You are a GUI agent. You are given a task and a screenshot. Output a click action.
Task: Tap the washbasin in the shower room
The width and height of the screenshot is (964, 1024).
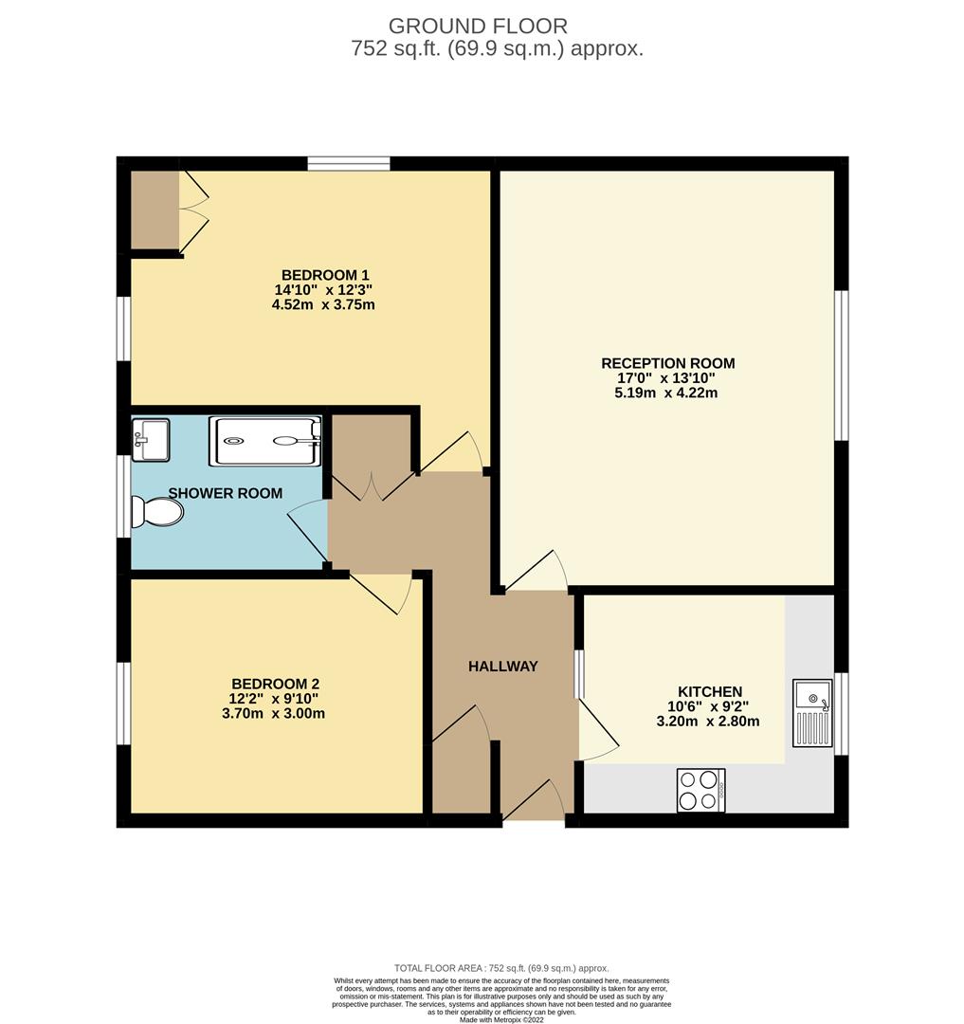coord(150,439)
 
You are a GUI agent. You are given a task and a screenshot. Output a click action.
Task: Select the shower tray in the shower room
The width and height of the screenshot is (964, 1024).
coord(264,441)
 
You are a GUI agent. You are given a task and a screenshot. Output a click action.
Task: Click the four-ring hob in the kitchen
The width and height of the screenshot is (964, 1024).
coord(701,790)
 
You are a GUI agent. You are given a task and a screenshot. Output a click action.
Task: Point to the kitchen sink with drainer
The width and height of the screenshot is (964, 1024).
coord(812,712)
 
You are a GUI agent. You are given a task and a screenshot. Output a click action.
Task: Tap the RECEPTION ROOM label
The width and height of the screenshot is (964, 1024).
coord(668,363)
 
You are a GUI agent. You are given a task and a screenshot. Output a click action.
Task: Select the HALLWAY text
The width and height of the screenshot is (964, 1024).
coord(502,667)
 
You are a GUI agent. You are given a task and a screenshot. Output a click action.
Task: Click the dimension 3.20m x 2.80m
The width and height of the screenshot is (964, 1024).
coord(708,721)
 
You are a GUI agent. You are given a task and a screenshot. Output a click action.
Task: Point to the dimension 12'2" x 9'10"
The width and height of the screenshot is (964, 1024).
coord(275,699)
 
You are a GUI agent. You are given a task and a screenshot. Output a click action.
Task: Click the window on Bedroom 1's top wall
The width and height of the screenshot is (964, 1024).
coord(348,164)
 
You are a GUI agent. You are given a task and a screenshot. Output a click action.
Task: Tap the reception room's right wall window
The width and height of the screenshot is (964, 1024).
coord(840,365)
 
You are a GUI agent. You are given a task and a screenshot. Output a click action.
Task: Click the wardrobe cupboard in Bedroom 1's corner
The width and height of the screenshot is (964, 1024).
coord(154,210)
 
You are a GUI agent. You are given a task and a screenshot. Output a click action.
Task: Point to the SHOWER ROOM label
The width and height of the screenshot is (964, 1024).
coord(226,493)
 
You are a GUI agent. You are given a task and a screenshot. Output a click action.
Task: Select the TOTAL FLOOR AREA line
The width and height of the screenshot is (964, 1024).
coord(501,968)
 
